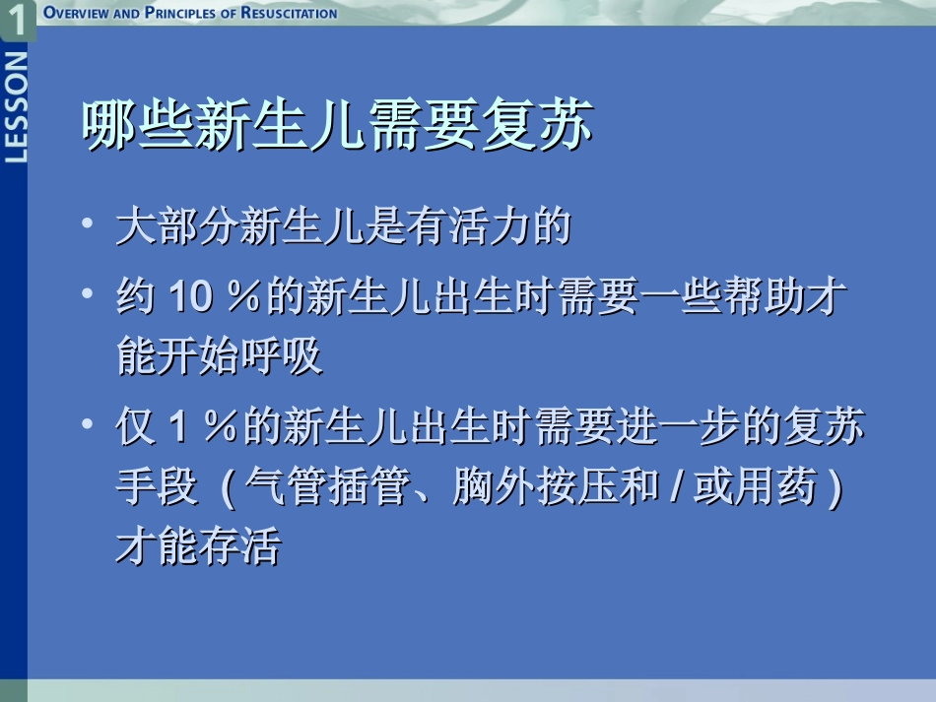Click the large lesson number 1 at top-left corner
click(x=17, y=19)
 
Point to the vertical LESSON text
click(x=16, y=107)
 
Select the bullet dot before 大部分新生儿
click(x=90, y=225)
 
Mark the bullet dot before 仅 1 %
click(x=90, y=424)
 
